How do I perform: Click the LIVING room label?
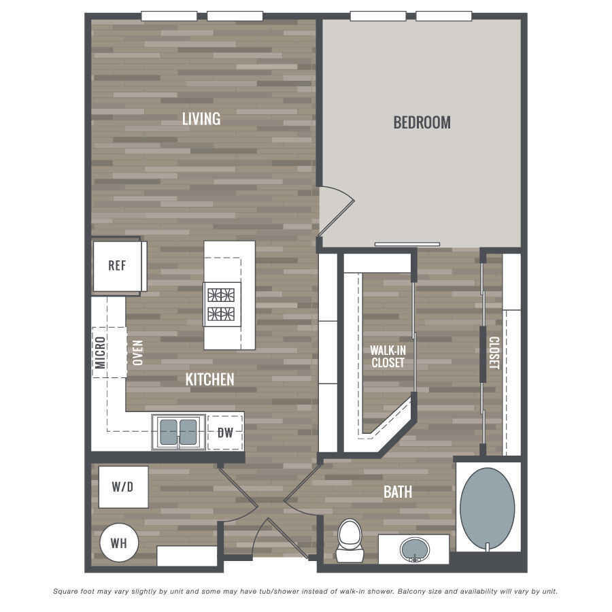(201, 118)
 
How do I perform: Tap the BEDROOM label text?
(422, 122)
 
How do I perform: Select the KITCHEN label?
(210, 379)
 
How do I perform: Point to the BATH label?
(398, 492)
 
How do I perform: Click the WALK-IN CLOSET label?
(388, 356)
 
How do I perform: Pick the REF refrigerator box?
(117, 266)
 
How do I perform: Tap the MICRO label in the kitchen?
(100, 352)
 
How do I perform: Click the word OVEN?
(138, 353)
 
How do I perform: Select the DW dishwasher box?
(225, 432)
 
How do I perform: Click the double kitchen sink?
(179, 432)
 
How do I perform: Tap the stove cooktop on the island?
(222, 304)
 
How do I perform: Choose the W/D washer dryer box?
(123, 487)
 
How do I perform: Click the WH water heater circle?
(120, 543)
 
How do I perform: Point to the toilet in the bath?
(350, 541)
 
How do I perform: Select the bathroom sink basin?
(414, 548)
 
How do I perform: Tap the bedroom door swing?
(337, 204)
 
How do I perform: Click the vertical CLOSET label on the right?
(494, 353)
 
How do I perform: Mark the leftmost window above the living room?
(169, 16)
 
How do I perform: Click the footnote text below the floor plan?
(305, 592)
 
